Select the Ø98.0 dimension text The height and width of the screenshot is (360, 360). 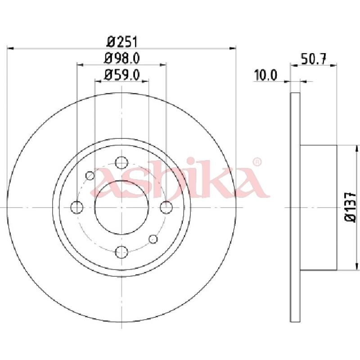[122, 58]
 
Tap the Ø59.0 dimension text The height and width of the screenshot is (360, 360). [122, 75]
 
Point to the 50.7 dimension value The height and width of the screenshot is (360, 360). [314, 59]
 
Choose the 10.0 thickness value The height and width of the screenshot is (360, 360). [265, 75]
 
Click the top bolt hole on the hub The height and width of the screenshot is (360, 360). [121, 163]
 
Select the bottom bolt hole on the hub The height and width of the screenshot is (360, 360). [121, 252]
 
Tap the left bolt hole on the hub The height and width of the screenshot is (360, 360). [77, 207]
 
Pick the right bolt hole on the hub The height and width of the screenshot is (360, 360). [166, 207]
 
